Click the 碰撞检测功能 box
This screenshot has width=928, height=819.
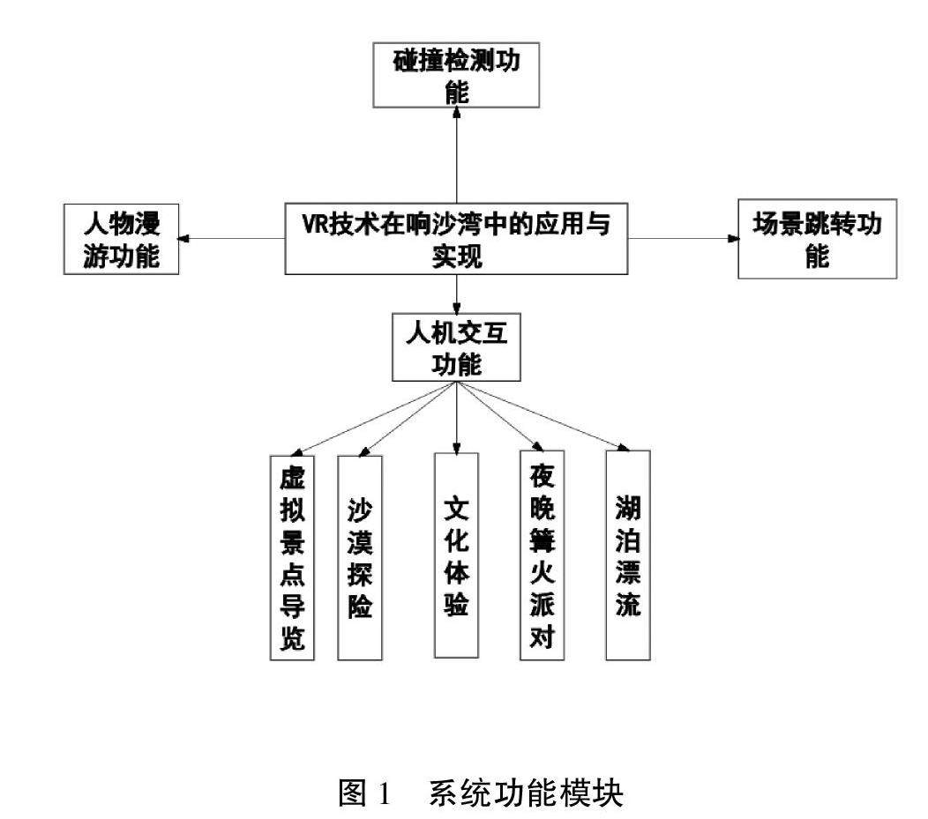(456, 77)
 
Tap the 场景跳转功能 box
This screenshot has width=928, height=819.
(817, 239)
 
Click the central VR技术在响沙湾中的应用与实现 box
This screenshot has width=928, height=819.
(456, 239)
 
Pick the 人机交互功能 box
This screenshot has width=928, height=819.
(456, 348)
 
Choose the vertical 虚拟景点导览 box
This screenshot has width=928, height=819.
(291, 557)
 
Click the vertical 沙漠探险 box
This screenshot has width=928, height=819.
(360, 557)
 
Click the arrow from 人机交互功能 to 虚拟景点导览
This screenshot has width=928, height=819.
(370, 418)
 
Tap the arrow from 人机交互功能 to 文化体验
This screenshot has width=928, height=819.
(456, 414)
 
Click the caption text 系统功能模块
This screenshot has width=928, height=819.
(526, 770)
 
